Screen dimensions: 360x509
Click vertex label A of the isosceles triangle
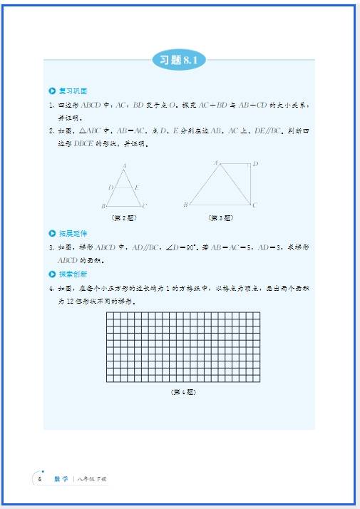click(125, 166)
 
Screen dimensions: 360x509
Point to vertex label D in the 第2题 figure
click(110, 187)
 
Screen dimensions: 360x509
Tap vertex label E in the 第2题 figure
click(137, 187)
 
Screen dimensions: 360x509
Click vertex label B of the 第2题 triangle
click(104, 206)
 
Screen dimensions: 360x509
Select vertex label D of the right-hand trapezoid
click(255, 164)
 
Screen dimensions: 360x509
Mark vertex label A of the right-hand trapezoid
click(215, 163)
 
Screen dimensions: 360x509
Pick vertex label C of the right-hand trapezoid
click(254, 205)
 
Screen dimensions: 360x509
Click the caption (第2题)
click(123, 217)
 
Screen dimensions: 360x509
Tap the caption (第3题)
click(221, 217)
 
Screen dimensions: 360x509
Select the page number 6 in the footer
click(40, 478)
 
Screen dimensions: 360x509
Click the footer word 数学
click(61, 478)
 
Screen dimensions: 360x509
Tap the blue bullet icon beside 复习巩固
click(51, 91)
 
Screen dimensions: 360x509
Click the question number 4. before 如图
click(51, 288)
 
